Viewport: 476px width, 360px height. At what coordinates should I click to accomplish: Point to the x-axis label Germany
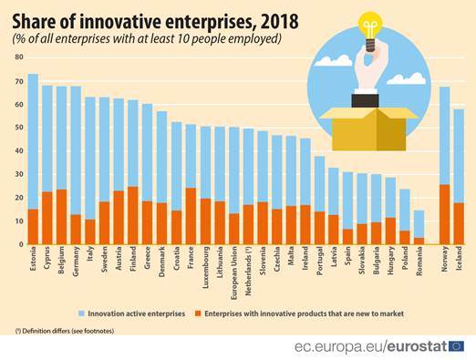[x=76, y=262]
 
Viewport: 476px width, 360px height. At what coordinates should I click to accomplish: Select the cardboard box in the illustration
[x=364, y=129]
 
